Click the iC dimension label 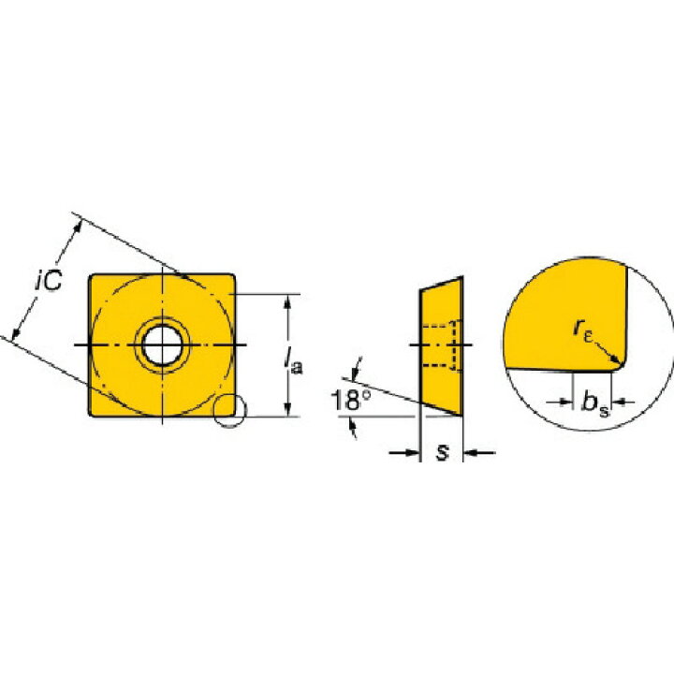pos(49,281)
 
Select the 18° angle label pos(350,401)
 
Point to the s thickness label pos(442,452)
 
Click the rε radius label pos(583,330)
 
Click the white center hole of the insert pos(162,345)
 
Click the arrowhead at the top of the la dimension pos(288,300)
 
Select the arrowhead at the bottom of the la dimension pos(288,410)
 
